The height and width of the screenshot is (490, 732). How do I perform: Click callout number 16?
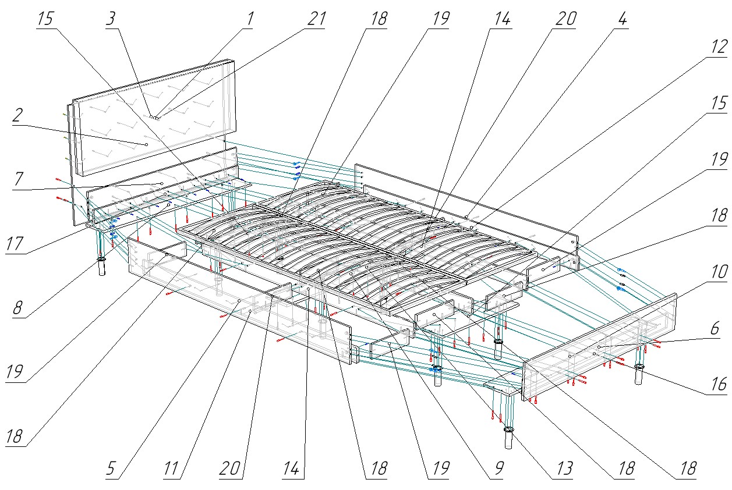tap(718, 384)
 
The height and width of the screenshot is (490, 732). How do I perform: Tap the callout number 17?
tap(17, 244)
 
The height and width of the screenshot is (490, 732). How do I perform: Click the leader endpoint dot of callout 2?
tap(146, 144)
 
